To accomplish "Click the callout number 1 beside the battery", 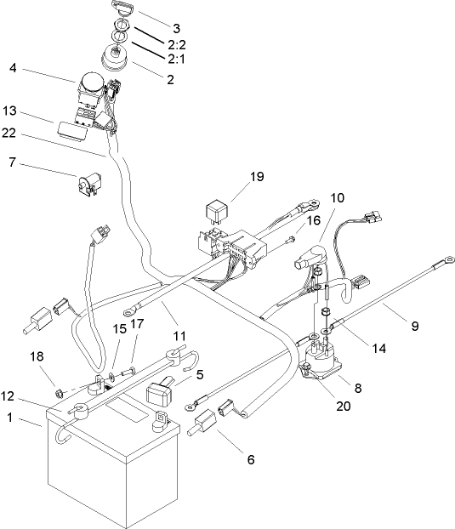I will point(10,418).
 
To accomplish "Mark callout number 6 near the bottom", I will point(250,460).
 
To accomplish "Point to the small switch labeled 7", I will point(86,185).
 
